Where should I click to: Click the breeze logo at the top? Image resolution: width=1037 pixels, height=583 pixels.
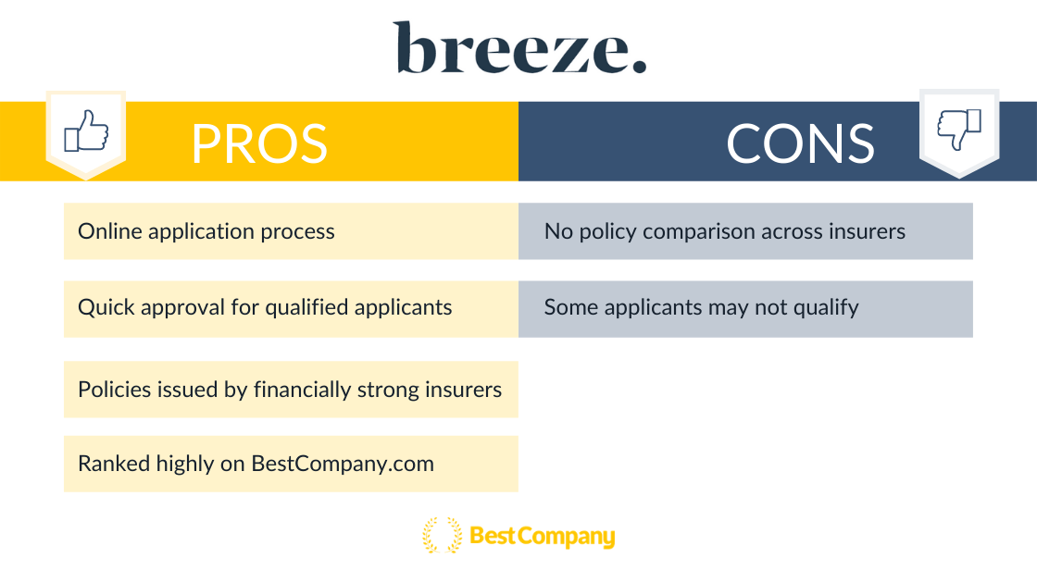(519, 47)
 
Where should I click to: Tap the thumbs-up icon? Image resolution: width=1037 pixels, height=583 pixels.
(86, 130)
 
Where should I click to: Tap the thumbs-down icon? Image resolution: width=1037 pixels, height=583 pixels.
(959, 129)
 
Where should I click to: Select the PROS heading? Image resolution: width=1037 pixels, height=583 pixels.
(259, 143)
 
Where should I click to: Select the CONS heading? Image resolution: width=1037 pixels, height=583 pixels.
(800, 143)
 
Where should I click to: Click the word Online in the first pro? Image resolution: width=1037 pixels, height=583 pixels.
(110, 231)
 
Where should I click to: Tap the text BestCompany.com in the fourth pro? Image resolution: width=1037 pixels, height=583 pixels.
(343, 464)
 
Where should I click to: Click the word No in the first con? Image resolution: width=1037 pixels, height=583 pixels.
(559, 231)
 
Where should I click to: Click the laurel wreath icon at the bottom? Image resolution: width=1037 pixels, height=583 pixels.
(443, 535)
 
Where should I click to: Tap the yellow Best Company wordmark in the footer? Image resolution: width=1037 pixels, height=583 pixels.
(543, 536)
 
